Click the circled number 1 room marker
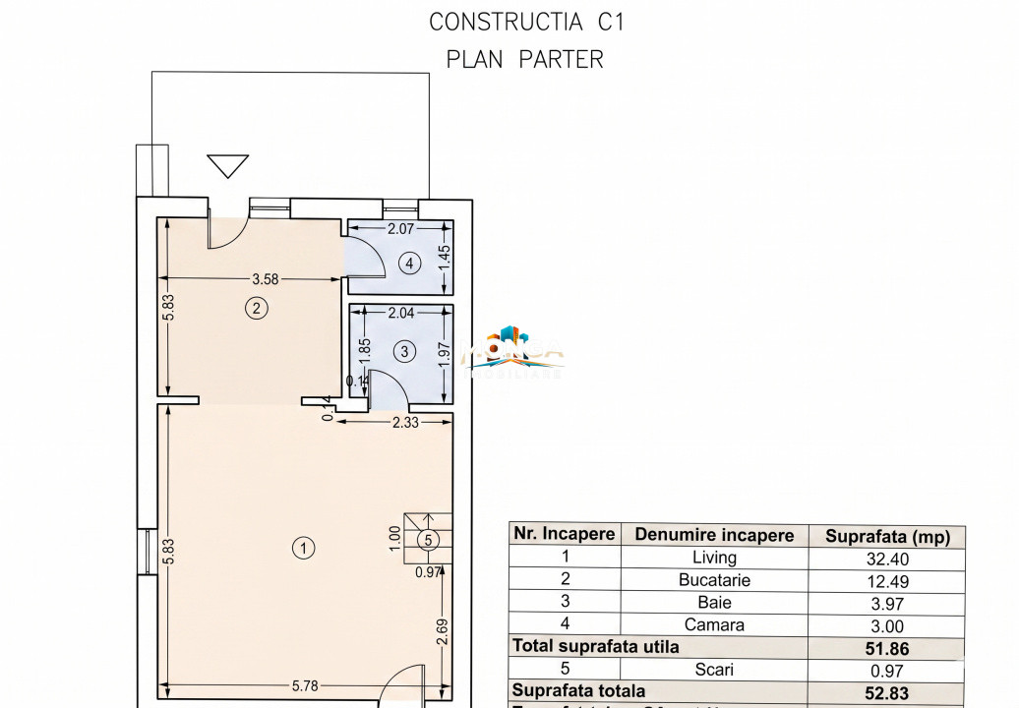(305, 548)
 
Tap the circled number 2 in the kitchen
(256, 309)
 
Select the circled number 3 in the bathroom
(404, 351)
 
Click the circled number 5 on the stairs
(428, 539)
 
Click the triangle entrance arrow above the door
(228, 165)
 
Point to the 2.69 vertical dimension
(445, 632)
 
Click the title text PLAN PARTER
(524, 59)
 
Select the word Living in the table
(714, 559)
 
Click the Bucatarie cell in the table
(714, 580)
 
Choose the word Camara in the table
(714, 624)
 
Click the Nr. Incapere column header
(564, 534)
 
